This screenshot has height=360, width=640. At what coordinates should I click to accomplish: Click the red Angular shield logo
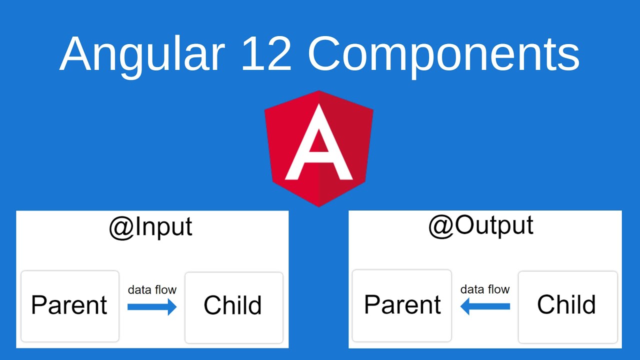(x=318, y=148)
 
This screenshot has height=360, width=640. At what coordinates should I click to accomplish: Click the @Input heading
(x=150, y=227)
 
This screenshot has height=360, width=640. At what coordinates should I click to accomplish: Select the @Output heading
(x=480, y=225)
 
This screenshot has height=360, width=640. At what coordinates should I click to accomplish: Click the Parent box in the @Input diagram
(x=69, y=306)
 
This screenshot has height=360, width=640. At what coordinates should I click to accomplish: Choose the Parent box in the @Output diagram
(x=402, y=305)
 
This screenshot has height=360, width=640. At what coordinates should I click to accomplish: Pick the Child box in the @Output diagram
(x=567, y=306)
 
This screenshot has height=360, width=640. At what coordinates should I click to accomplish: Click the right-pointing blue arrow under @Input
(x=152, y=306)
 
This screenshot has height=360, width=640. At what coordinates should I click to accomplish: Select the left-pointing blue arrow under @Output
(x=484, y=306)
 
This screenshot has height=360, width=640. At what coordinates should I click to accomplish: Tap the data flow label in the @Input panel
(x=152, y=290)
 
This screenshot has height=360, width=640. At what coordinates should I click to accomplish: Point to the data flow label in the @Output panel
(x=484, y=289)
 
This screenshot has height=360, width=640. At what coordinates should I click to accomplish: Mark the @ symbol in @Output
(x=439, y=226)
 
